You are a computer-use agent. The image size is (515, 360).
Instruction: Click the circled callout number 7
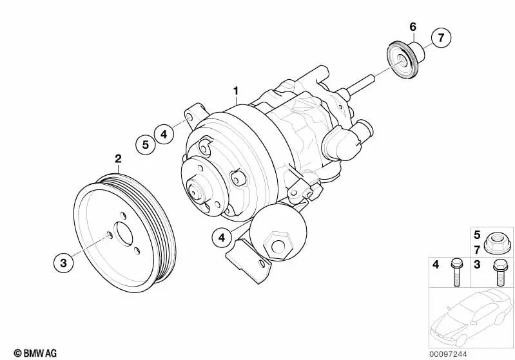[441, 38]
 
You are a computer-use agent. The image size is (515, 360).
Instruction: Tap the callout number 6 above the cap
[413, 26]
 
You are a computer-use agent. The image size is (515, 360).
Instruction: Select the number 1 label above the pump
[236, 91]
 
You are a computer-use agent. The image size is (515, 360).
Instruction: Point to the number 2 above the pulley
[118, 159]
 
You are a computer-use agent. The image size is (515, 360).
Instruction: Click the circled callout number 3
[63, 263]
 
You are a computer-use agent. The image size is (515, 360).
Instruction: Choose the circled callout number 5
[146, 144]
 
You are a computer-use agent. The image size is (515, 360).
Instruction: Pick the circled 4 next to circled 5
[164, 134]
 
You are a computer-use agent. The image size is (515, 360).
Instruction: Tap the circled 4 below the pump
[222, 237]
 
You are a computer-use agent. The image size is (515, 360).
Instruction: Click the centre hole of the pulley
[123, 234]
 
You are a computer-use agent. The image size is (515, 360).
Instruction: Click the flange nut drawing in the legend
[497, 243]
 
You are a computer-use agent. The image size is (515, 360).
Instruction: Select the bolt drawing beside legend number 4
[456, 272]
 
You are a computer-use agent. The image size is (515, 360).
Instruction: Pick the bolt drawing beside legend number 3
[500, 272]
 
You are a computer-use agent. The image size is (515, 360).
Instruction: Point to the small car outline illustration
[471, 317]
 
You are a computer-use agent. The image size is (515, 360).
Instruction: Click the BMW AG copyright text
[35, 353]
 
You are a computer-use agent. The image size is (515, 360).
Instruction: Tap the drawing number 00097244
[448, 354]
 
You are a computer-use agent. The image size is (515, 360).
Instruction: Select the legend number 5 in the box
[477, 235]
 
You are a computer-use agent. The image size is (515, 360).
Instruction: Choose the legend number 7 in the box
[477, 250]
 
